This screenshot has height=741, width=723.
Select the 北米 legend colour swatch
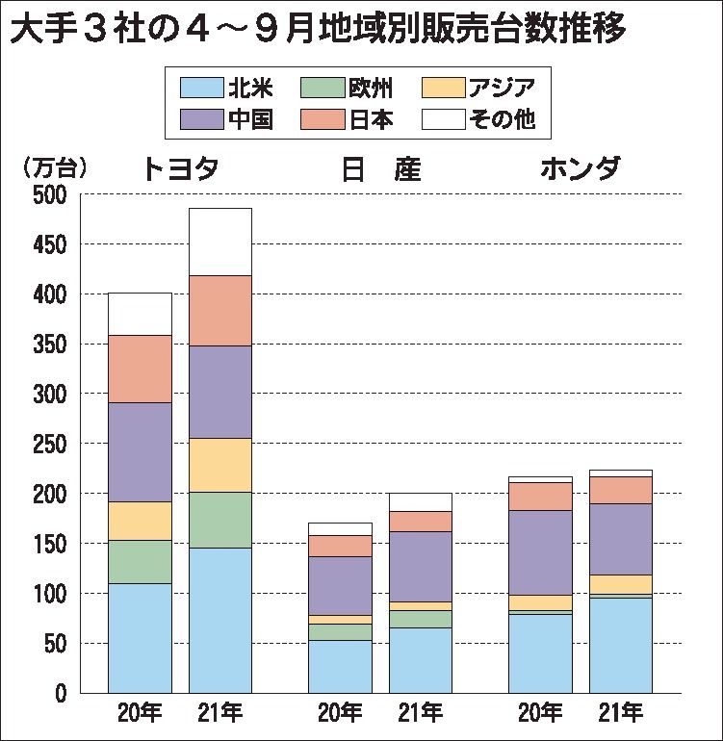tap(201, 89)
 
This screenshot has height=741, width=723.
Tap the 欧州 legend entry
tap(346, 89)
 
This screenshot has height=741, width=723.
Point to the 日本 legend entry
tap(346, 119)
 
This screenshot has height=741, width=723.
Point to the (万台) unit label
tap(54, 167)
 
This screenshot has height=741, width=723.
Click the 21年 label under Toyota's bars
tap(219, 714)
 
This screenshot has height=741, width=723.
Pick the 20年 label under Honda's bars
tap(539, 714)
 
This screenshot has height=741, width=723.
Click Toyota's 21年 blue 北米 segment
tap(219, 620)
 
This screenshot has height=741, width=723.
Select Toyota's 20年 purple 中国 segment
tap(140, 451)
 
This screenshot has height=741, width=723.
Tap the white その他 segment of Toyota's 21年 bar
tap(219, 242)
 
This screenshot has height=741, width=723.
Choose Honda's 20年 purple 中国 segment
tap(539, 552)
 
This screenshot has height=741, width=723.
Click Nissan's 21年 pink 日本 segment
tap(420, 521)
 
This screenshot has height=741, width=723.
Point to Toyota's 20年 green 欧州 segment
tap(140, 561)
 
